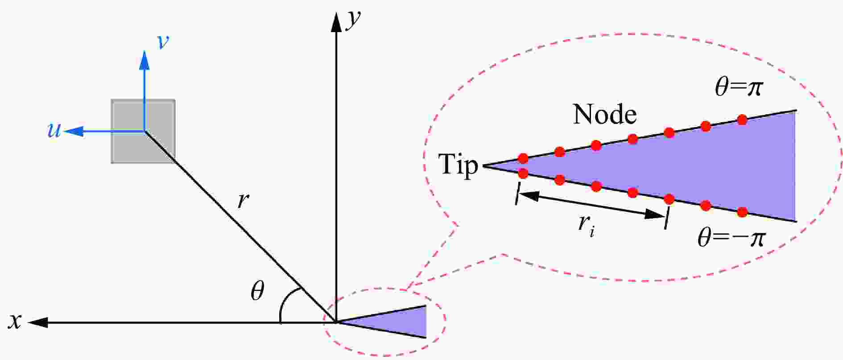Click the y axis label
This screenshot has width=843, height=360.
(x=353, y=21)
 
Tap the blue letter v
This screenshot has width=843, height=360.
(x=163, y=41)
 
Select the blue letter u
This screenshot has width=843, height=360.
(x=54, y=130)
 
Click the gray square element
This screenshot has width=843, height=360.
(x=143, y=131)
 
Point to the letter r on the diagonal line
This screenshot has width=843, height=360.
(x=243, y=201)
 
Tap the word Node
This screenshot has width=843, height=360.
(x=605, y=115)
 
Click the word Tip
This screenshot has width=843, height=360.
(x=458, y=165)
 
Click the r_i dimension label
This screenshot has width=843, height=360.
(x=586, y=224)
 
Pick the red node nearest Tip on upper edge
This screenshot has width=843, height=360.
(x=523, y=158)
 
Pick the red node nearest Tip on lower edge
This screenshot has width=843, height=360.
(x=523, y=173)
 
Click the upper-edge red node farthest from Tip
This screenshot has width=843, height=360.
(x=742, y=120)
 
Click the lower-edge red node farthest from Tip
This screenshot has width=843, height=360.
(x=742, y=212)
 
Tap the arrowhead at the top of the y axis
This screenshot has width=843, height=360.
(x=335, y=22)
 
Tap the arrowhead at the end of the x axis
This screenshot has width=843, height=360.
(x=38, y=322)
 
